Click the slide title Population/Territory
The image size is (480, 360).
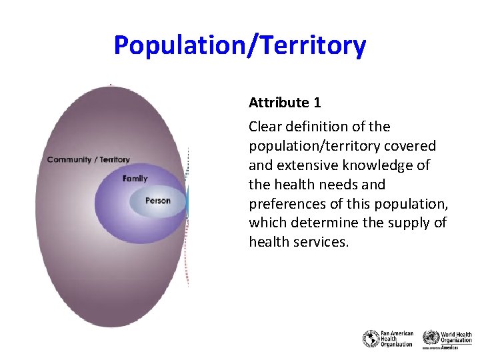click(x=240, y=46)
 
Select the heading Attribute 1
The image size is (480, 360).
click(x=285, y=103)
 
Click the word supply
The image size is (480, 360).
click(x=396, y=223)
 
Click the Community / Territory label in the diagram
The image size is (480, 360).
click(x=89, y=160)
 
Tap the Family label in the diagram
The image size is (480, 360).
click(x=135, y=179)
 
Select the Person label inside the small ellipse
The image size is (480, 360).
click(x=158, y=201)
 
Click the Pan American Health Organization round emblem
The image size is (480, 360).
click(x=371, y=339)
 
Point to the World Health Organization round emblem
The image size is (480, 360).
click(x=431, y=337)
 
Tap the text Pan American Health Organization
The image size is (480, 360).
click(x=396, y=339)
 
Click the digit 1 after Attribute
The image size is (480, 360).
click(x=317, y=103)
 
